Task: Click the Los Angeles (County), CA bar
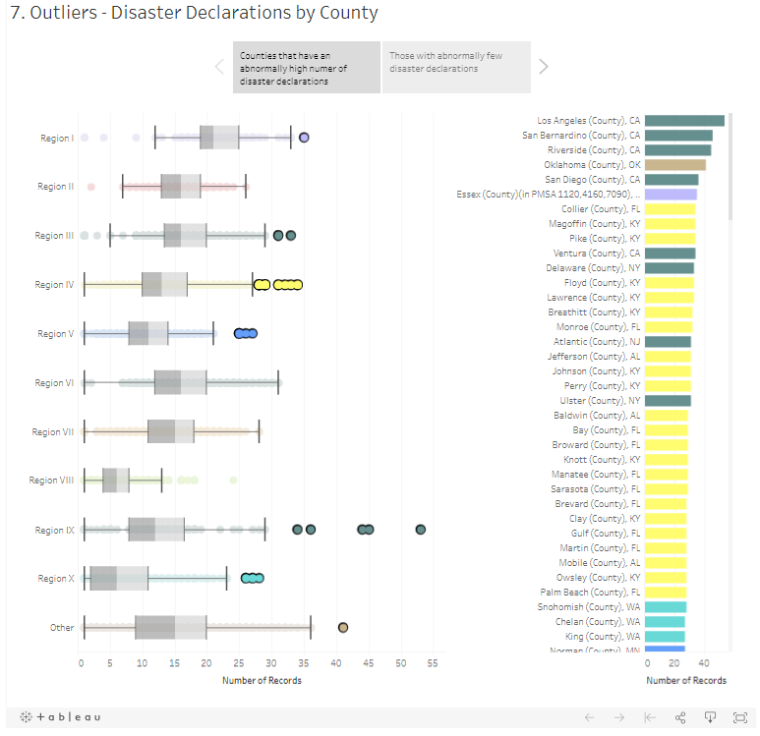(x=684, y=121)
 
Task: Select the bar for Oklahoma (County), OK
(x=675, y=165)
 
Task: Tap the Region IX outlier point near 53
(x=421, y=530)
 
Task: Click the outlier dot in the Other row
(x=343, y=627)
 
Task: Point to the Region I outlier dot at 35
(x=305, y=138)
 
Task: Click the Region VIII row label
(x=51, y=481)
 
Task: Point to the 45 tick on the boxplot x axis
(x=369, y=663)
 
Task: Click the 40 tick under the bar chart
(x=703, y=663)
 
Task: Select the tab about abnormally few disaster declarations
(x=456, y=67)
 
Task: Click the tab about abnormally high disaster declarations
(x=306, y=67)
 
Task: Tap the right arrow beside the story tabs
(x=544, y=67)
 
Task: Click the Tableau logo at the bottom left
(x=61, y=717)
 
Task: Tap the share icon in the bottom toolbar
(x=679, y=717)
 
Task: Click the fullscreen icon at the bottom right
(x=740, y=717)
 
